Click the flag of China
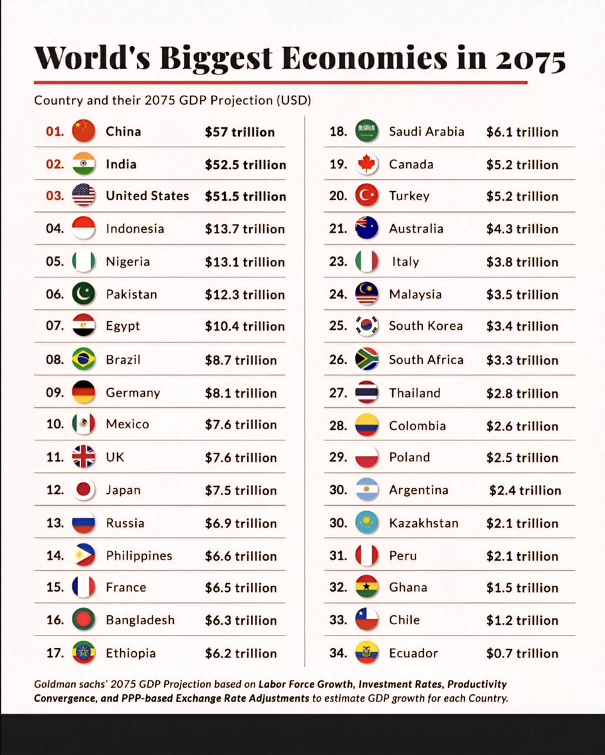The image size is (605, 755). point(84,131)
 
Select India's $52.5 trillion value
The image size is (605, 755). point(245,165)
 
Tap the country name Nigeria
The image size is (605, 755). point(128,261)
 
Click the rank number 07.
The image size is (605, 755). point(55,326)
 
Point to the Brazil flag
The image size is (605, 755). point(84,359)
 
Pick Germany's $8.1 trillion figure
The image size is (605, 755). point(240,393)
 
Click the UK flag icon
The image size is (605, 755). point(84,457)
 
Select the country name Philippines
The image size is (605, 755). point(139,556)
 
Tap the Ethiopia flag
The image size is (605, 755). point(84,652)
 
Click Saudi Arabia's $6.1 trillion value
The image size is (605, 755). point(522,132)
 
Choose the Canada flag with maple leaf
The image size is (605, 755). point(366,164)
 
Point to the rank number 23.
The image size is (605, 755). point(338,261)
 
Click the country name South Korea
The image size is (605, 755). point(426,326)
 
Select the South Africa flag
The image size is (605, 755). point(366,359)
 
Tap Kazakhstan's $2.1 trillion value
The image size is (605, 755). point(522,523)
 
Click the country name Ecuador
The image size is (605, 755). point(413,653)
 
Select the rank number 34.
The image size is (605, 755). point(338,653)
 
